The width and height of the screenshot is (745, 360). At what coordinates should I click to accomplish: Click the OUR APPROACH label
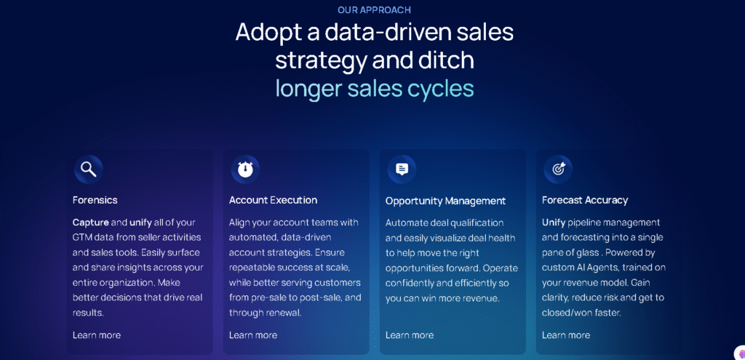[374, 10]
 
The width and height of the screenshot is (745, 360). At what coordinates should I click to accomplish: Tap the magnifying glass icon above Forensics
[88, 169]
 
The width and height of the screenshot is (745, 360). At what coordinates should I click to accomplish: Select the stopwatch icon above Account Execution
[245, 169]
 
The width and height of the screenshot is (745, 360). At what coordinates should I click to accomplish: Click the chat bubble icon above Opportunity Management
[402, 169]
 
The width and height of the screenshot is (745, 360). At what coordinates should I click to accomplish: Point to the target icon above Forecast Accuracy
[558, 169]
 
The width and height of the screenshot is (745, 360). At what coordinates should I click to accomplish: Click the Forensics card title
[95, 200]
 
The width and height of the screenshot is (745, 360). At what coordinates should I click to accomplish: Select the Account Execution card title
[273, 200]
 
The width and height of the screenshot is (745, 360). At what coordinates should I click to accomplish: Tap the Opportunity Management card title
[445, 201]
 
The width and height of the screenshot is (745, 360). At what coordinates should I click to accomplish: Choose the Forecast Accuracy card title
[585, 200]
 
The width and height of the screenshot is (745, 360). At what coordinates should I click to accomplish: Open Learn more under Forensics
[97, 335]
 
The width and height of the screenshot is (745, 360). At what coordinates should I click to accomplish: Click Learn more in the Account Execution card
[253, 335]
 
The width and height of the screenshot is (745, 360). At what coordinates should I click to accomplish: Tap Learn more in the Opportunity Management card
[410, 335]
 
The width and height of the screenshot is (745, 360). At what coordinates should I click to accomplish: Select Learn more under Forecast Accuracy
[566, 335]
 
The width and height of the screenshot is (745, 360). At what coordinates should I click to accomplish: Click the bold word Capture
[90, 223]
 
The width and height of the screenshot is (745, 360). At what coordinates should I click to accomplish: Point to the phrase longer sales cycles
[374, 89]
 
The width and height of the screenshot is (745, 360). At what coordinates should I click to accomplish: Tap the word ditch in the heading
[447, 60]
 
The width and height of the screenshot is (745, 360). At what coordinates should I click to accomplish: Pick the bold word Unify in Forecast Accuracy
[554, 223]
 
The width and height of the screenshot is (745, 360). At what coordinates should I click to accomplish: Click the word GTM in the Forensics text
[84, 238]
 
